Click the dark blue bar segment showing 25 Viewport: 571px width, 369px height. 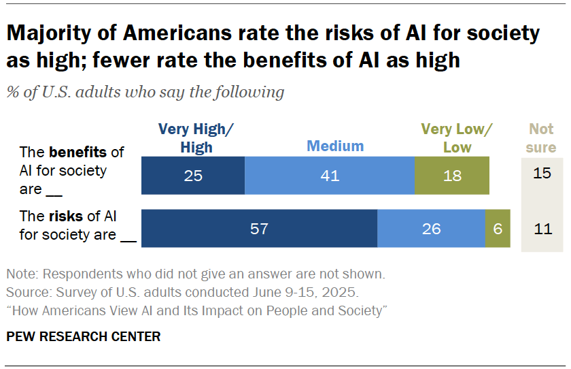pyautogui.click(x=193, y=176)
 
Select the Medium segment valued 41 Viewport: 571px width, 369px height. pyautogui.click(x=329, y=176)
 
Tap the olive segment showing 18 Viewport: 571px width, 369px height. pyautogui.click(x=451, y=176)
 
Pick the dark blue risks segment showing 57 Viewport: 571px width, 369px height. pyautogui.click(x=259, y=229)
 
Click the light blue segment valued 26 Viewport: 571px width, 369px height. pyautogui.click(x=431, y=229)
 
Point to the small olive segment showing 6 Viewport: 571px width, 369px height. pyautogui.click(x=498, y=229)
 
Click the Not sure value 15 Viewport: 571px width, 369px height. pyautogui.click(x=542, y=174)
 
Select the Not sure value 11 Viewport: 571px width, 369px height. pyautogui.click(x=542, y=229)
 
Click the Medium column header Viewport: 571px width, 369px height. pyautogui.click(x=335, y=146)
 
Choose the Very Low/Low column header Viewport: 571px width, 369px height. pyautogui.click(x=456, y=138)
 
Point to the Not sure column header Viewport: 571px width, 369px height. pyautogui.click(x=542, y=138)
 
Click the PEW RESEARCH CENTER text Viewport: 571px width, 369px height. pyautogui.click(x=84, y=336)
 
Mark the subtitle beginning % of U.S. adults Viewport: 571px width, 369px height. pyautogui.click(x=145, y=92)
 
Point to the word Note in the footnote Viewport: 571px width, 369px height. pyautogui.click(x=20, y=275)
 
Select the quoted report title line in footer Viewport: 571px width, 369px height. pyautogui.click(x=196, y=310)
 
